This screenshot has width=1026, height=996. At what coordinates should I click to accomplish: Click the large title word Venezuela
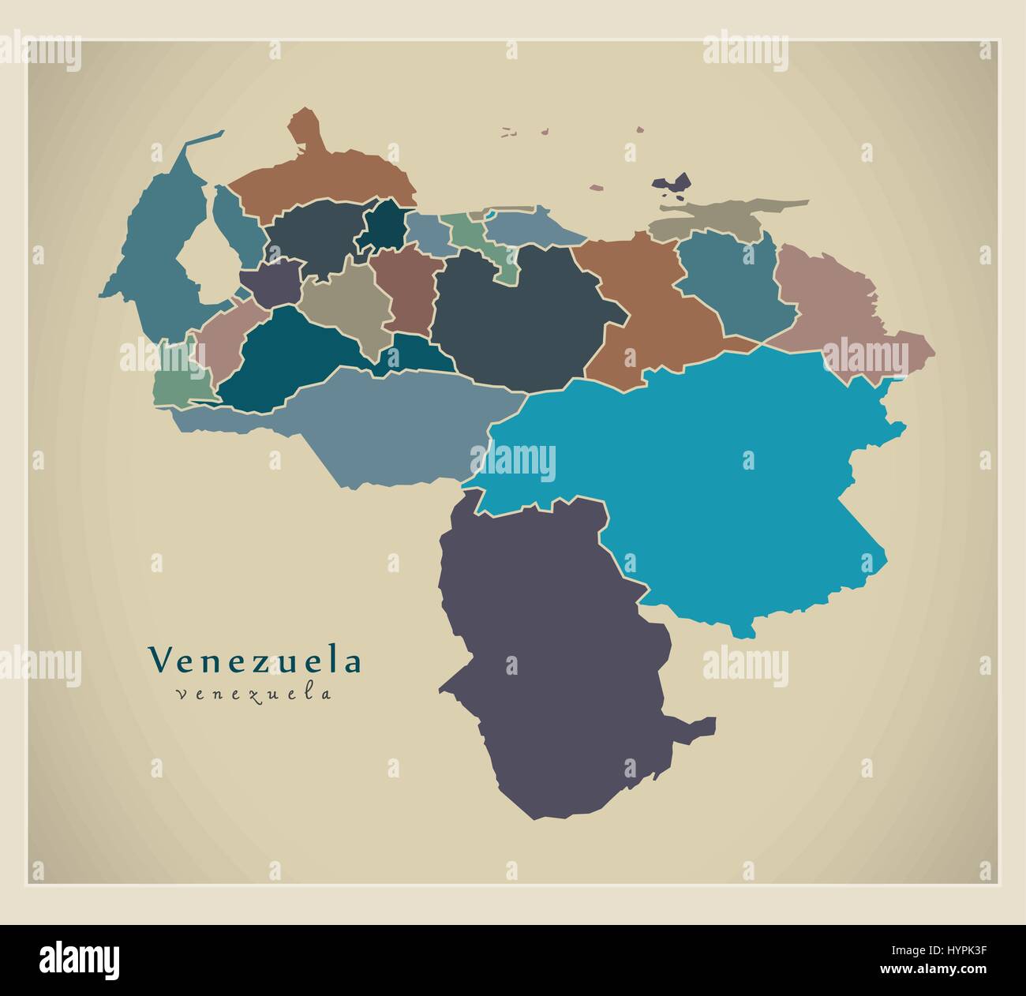(255, 661)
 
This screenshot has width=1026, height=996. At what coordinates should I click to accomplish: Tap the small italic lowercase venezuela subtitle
(254, 695)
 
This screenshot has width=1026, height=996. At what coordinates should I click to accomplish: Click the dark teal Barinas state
(284, 355)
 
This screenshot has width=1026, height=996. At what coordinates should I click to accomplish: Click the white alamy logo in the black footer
(80, 959)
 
